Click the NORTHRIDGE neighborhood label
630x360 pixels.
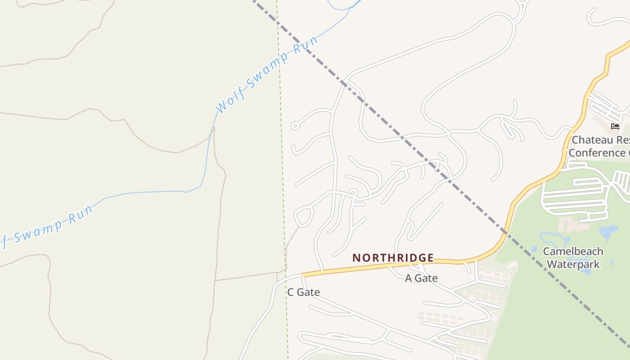pyautogui.click(x=393, y=258)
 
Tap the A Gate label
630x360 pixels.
pyautogui.click(x=421, y=278)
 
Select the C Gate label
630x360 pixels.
pyautogui.click(x=304, y=292)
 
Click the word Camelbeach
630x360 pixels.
pyautogui.click(x=573, y=251)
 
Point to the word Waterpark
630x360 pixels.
pyautogui.click(x=573, y=264)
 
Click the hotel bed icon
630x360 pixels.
pyautogui.click(x=615, y=126)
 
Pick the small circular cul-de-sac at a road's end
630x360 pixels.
pyautogui.click(x=295, y=126)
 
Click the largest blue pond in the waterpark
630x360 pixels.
pyautogui.click(x=608, y=232)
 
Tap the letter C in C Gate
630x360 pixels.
pyautogui.click(x=291, y=292)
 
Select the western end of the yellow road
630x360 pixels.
pyautogui.click(x=303, y=274)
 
